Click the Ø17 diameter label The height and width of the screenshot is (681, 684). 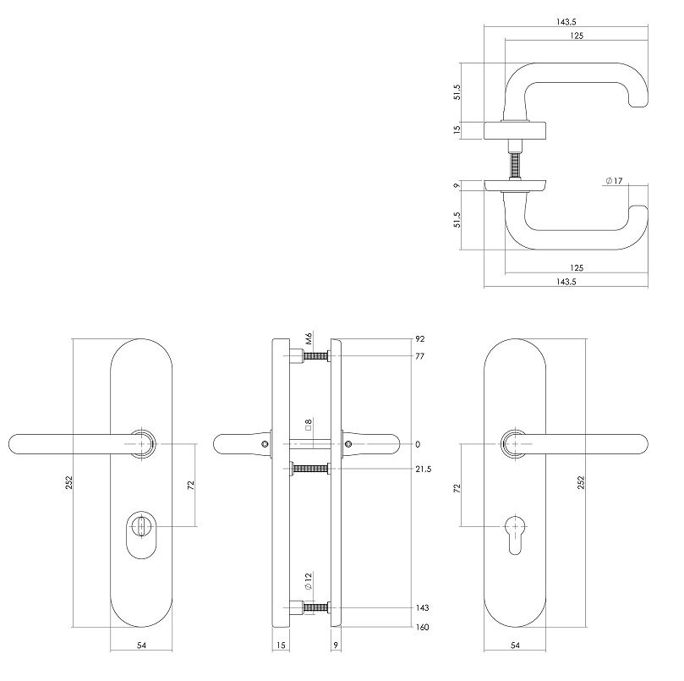pos(614,181)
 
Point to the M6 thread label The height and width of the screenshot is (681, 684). pos(310,338)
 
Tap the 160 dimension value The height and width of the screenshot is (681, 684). pos(423,628)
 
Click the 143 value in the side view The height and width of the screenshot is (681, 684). pos(423,607)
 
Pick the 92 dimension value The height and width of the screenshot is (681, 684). pos(420,338)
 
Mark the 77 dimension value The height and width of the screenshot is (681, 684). pos(420,357)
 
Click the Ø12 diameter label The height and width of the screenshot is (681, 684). pos(310,581)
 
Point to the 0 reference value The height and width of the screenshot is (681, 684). pos(417,444)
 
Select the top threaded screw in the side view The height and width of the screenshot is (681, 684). pos(314,357)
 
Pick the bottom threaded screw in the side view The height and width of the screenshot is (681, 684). pos(314,607)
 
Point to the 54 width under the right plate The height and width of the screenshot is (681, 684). pos(517,646)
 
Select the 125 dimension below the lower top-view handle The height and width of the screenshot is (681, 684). pos(577,267)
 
